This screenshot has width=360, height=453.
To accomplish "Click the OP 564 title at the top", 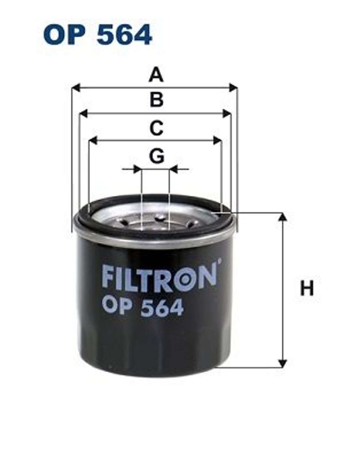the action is (97, 35).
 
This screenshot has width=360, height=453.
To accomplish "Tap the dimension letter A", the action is (156, 75).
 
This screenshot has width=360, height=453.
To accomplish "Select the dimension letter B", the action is (157, 100).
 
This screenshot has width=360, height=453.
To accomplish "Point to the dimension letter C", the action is (156, 128).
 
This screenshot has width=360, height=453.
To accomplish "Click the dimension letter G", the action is (157, 156).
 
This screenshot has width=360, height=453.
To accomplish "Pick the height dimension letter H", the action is (307, 288).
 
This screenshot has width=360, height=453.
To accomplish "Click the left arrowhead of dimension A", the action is (76, 87).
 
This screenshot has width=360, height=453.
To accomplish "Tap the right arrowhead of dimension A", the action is (233, 87).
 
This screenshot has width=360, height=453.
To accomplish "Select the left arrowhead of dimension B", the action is (83, 114).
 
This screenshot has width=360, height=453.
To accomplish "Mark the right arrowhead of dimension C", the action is (218, 140).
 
